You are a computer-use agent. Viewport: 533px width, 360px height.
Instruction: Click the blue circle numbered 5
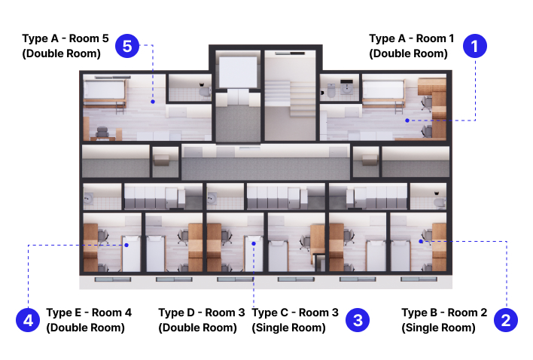tap(127, 46)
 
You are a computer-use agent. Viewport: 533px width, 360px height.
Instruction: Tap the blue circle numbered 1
tap(475, 46)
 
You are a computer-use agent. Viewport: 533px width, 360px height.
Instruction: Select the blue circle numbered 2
tap(506, 320)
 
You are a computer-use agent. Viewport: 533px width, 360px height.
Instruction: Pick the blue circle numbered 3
tap(358, 320)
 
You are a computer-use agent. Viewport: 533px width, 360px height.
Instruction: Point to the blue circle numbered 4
tap(28, 320)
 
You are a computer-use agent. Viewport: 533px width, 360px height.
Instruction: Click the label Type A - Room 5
tap(65, 38)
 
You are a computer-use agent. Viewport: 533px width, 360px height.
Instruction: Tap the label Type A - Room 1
tap(411, 38)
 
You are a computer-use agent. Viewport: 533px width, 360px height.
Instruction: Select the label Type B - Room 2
tap(444, 313)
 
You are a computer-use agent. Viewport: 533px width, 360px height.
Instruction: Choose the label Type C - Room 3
tap(295, 313)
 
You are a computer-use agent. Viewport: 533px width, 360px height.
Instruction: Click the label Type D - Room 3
tap(202, 313)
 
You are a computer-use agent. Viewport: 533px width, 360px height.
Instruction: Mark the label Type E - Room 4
tap(89, 313)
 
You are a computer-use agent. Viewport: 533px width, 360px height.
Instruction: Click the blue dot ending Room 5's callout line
tap(153, 102)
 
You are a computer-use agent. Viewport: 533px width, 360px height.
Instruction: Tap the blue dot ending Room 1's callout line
tap(407, 121)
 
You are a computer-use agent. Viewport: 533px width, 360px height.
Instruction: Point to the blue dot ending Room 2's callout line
tap(421, 241)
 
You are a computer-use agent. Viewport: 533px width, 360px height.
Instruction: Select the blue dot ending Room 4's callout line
tap(126, 245)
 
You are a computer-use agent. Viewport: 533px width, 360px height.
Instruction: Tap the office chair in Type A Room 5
tap(102, 133)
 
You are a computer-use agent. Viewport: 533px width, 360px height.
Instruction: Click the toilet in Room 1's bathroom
tap(330, 90)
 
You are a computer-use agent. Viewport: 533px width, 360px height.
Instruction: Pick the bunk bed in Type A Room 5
tap(105, 93)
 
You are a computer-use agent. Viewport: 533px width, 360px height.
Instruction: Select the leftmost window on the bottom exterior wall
tap(113, 279)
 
